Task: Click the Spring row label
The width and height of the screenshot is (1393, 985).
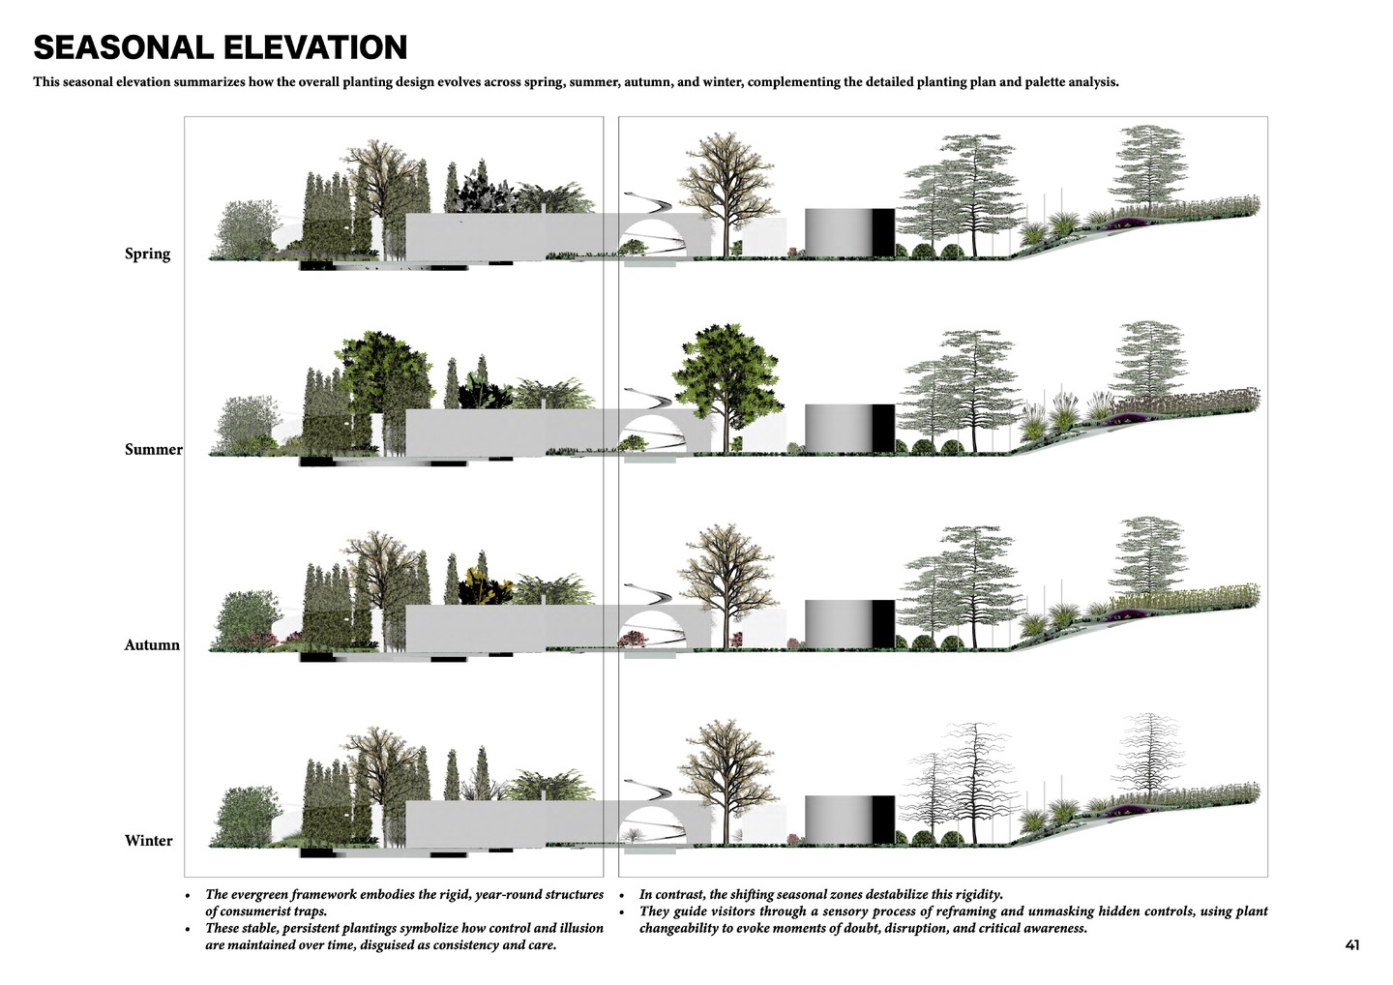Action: (x=147, y=254)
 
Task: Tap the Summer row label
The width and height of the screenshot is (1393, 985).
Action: (x=154, y=450)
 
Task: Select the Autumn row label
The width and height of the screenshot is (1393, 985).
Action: (x=152, y=644)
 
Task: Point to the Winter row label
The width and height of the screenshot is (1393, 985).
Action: (x=149, y=841)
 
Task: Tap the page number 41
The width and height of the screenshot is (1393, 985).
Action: (x=1352, y=945)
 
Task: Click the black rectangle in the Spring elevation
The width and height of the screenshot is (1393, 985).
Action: (x=883, y=232)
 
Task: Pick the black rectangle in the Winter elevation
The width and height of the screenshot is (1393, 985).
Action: (x=883, y=820)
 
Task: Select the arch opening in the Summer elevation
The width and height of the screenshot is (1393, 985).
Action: (x=654, y=433)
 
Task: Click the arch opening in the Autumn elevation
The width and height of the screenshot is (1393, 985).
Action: (x=654, y=629)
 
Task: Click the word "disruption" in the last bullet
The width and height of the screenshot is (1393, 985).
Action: (x=917, y=929)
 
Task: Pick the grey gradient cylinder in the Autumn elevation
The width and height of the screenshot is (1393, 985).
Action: (x=839, y=624)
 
